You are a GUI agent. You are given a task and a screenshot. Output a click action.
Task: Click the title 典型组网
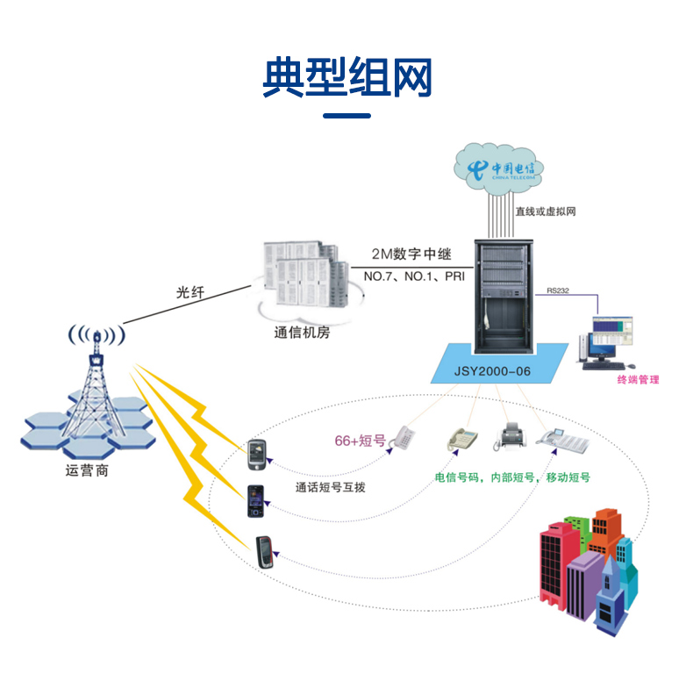tap(346, 79)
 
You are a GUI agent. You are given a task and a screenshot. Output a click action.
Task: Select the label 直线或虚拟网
tap(545, 212)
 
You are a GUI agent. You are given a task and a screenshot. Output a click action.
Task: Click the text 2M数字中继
tap(411, 255)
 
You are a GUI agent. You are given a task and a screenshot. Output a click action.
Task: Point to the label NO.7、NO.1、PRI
tap(413, 277)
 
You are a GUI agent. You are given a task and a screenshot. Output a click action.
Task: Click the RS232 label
tap(558, 290)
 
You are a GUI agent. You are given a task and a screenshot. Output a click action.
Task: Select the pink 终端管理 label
tap(638, 380)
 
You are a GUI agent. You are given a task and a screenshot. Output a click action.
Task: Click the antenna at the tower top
tap(96, 336)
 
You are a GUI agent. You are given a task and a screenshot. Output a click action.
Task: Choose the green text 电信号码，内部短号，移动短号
tap(512, 478)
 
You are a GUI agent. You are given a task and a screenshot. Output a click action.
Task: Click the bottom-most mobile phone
tap(266, 552)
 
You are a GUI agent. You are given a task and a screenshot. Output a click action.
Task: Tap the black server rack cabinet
tap(499, 294)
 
